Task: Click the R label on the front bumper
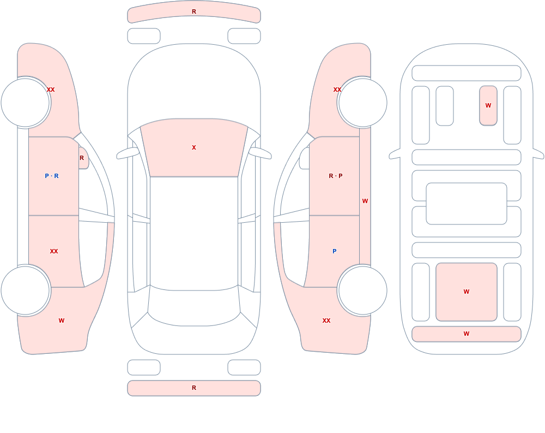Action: click(x=194, y=11)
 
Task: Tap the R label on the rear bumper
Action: click(x=194, y=388)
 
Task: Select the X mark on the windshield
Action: click(x=194, y=147)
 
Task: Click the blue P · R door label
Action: click(x=52, y=176)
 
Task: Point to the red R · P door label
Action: click(x=335, y=176)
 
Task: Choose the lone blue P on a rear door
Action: click(x=335, y=251)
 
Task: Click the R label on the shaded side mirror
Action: click(x=82, y=158)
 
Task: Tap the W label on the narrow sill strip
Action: click(x=365, y=201)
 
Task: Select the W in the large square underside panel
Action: click(x=467, y=292)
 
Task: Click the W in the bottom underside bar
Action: click(x=467, y=334)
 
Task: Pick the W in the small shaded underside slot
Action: click(x=488, y=105)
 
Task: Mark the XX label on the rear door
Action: click(x=54, y=251)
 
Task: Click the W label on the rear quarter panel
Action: click(x=62, y=321)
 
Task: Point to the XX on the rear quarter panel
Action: click(x=326, y=321)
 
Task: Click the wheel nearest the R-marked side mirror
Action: click(x=26, y=103)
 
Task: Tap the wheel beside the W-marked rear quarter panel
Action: click(x=26, y=290)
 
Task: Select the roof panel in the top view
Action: click(x=194, y=233)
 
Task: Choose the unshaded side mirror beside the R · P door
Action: click(x=305, y=158)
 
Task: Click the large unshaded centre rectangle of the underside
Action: click(x=467, y=204)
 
